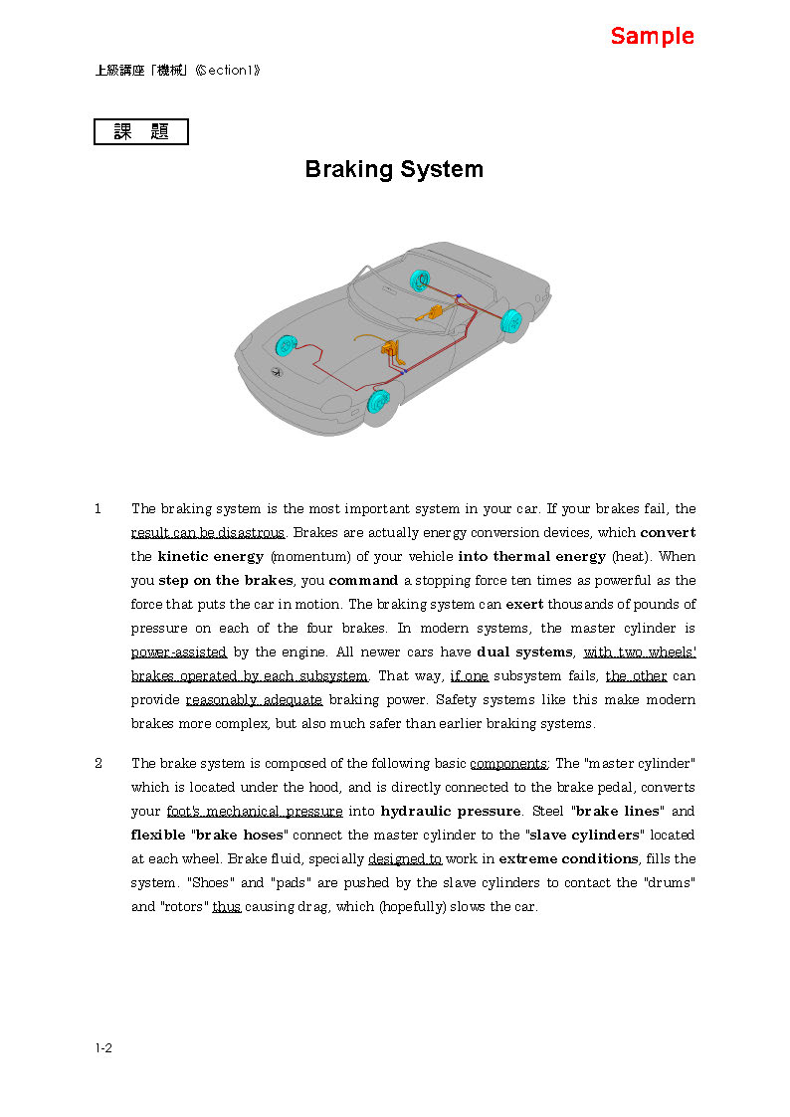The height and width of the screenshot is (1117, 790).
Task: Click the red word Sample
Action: coord(652,37)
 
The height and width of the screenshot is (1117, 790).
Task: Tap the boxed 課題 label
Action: coord(141,132)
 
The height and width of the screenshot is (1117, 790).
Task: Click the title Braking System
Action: coord(394,169)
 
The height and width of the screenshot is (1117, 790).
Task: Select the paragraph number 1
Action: coord(99,509)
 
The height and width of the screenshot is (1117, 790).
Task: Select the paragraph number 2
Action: coord(99,764)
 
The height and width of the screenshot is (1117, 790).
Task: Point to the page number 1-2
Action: coord(103,1047)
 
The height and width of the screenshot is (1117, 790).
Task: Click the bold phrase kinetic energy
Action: coord(211,557)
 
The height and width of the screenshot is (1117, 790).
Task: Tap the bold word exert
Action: coord(524,605)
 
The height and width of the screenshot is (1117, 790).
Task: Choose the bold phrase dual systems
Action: coord(525,652)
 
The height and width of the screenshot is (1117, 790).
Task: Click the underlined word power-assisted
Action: coord(179,652)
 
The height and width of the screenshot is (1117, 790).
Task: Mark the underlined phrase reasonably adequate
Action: coord(254,700)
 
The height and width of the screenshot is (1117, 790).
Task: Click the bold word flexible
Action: coord(158,836)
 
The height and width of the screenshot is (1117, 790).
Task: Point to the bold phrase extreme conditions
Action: coord(568,859)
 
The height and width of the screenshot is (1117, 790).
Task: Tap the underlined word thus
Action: coord(227,907)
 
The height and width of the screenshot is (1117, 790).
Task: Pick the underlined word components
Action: coord(508,764)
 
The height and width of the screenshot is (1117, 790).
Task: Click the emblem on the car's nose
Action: coord(277,372)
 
